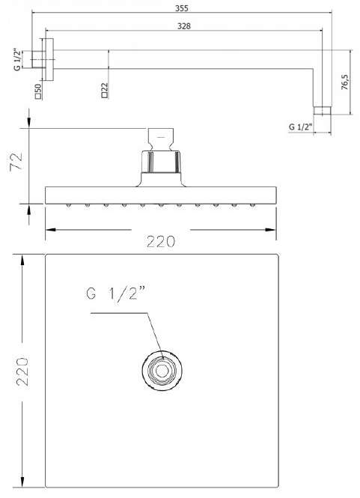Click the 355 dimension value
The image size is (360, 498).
[x=182, y=8]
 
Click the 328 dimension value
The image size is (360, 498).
[x=184, y=26]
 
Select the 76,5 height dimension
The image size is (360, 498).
[x=345, y=82]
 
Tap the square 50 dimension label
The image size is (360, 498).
[x=38, y=91]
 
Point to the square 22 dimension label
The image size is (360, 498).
[x=105, y=90]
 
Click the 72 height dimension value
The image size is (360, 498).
[x=16, y=162]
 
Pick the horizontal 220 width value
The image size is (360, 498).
[x=161, y=242]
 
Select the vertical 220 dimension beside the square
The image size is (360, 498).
[x=22, y=371]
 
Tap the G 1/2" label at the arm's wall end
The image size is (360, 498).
[x=18, y=59]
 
